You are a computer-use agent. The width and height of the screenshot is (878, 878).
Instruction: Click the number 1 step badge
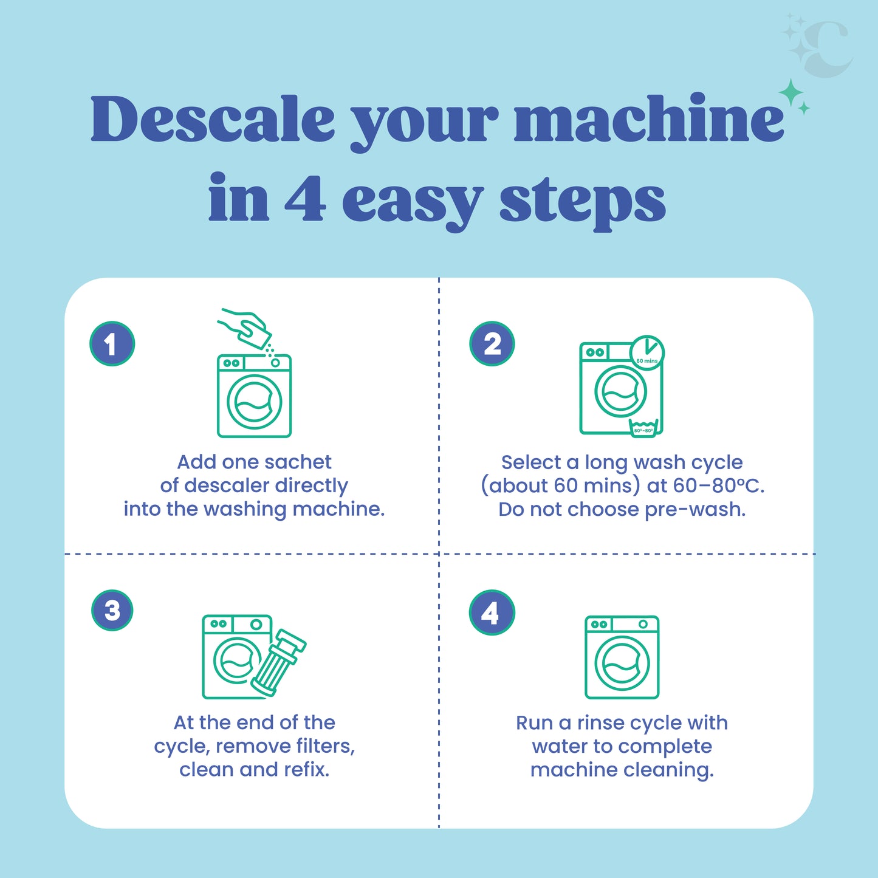point(112,344)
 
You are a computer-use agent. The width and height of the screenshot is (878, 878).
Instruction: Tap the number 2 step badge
point(492,344)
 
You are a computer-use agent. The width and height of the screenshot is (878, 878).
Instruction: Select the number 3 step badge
point(112,610)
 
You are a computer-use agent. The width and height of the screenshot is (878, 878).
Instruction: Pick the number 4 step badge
point(492,612)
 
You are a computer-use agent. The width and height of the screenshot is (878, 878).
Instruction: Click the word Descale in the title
point(213,119)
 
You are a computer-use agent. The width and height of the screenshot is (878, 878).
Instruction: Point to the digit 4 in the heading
point(304,199)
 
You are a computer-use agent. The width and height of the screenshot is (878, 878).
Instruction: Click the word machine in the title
point(649,119)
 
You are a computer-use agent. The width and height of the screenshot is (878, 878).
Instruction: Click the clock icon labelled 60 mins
point(646,352)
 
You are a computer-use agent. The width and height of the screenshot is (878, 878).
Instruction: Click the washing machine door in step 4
point(622,664)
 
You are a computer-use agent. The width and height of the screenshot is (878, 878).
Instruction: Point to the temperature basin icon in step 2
point(643,427)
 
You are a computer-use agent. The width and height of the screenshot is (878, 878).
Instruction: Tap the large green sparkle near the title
point(791,94)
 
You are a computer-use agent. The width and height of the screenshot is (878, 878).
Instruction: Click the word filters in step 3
point(326,746)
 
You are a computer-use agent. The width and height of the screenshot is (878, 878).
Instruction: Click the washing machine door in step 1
point(255,402)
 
